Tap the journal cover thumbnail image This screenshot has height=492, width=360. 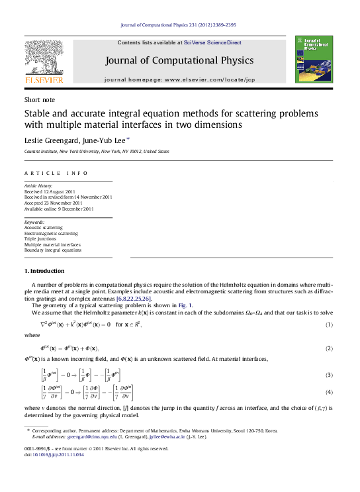pos(309,60)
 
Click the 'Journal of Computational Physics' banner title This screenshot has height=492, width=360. pos(179,60)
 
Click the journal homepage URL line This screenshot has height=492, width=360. pos(179,79)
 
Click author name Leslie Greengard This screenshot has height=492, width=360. pos(50,140)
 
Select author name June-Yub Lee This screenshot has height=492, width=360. pos(101,140)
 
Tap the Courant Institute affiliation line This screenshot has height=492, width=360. pos(97,152)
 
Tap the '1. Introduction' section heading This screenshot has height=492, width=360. pos(44,271)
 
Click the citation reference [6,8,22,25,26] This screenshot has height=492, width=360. pos(134,299)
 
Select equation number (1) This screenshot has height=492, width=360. pos(328,324)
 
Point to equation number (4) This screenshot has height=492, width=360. pos(328,393)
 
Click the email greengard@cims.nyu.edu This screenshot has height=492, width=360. pos(80,437)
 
